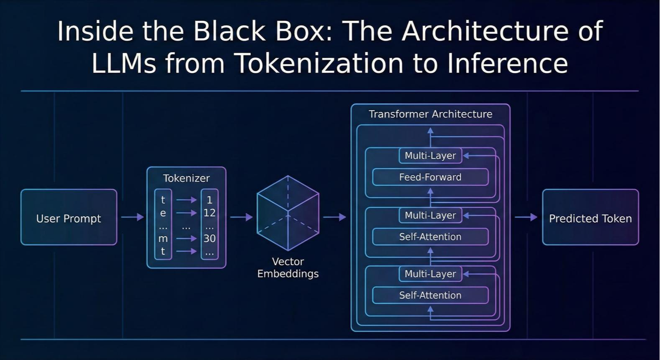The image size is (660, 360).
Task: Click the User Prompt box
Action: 69,217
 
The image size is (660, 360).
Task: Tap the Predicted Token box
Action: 591,217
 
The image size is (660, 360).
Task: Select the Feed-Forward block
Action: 431,177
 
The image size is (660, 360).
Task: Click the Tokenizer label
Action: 187,178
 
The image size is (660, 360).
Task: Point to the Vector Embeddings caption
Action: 288,267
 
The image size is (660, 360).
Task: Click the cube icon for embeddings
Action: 288,213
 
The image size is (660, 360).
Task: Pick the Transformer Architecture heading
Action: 431,114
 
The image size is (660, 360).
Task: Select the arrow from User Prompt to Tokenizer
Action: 132,217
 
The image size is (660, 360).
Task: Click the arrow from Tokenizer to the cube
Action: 241,217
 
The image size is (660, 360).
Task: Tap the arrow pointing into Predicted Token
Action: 526,217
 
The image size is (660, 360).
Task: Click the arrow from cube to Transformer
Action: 334,217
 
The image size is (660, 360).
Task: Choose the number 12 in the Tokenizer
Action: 210,213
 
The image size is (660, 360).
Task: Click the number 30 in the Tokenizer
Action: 210,238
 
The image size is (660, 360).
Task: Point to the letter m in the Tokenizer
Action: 163,239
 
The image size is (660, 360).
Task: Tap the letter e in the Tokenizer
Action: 163,213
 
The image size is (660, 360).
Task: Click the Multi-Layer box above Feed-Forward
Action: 431,155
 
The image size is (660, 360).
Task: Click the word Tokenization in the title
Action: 320,63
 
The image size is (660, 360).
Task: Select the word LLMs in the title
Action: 124,63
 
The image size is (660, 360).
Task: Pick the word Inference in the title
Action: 507,63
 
